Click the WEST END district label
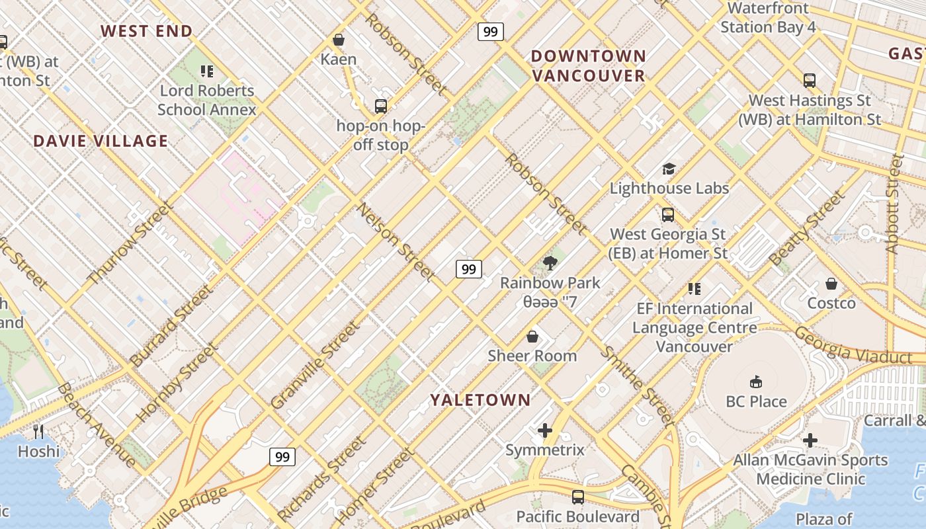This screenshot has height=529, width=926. click(x=146, y=31)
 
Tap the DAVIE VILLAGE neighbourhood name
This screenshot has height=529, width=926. click(x=101, y=141)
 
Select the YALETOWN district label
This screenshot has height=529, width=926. click(x=480, y=399)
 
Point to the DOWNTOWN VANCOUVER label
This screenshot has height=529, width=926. click(x=588, y=65)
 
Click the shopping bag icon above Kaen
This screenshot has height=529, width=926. click(x=339, y=40)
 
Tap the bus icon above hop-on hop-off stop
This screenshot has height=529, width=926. click(x=380, y=106)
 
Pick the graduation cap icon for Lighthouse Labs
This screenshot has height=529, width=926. click(x=669, y=169)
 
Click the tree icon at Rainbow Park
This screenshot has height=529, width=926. click(x=550, y=263)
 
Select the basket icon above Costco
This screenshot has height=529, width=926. click(x=831, y=284)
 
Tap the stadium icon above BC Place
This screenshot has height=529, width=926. click(x=756, y=382)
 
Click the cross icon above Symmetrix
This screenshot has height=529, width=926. click(x=545, y=430)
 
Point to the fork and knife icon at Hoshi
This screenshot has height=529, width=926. click(x=38, y=432)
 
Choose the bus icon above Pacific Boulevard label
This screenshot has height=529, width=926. click(x=577, y=497)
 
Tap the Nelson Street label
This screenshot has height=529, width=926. click(x=396, y=242)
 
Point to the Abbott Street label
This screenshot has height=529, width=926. click(x=894, y=203)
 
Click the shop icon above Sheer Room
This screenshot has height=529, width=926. click(x=532, y=337)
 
